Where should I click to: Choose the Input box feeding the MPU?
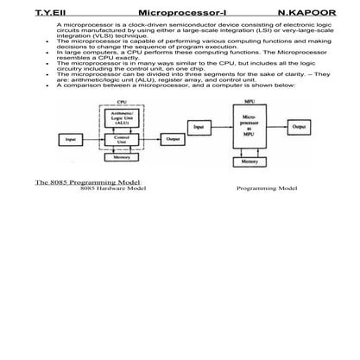pos(199,126)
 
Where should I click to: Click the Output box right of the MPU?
pos(299,126)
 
